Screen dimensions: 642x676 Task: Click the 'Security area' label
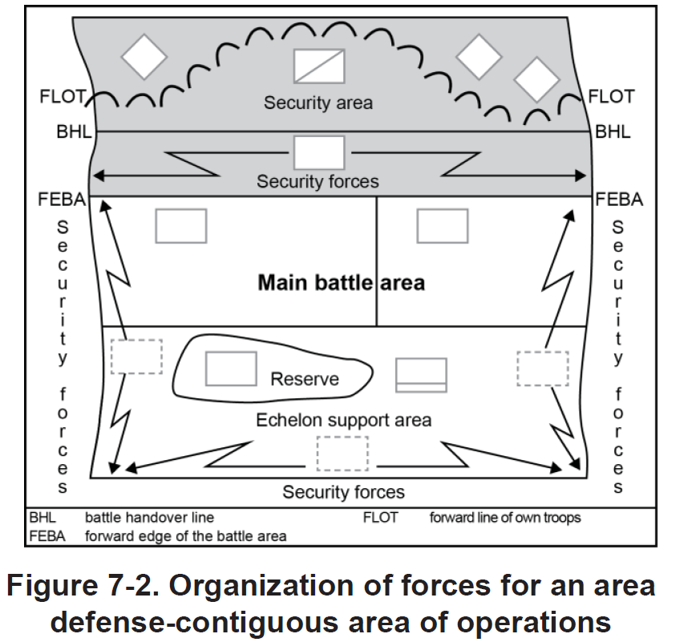318,103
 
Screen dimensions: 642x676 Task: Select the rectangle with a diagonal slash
318,67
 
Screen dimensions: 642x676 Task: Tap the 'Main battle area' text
341,283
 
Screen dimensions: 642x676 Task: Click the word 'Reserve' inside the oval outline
305,379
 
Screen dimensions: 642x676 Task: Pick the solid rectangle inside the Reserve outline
231,368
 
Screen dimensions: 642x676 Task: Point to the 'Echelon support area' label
343,420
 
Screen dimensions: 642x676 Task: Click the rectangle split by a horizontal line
421,376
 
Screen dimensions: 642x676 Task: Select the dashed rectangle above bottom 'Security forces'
342,453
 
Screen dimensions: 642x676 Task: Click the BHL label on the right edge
613,131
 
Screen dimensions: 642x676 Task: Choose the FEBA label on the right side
618,199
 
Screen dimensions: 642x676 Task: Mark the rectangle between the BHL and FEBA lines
318,152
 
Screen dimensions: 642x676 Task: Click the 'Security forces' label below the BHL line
318,182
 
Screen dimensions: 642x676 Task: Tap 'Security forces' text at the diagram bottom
343,491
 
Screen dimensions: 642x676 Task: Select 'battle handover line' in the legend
150,518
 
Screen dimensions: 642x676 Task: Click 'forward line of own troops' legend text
505,518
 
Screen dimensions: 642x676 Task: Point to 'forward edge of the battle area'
185,535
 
